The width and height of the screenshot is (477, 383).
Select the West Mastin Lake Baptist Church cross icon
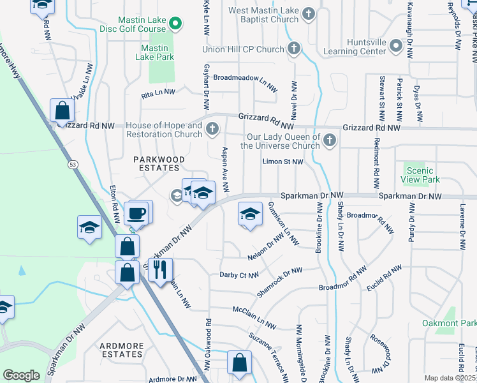tap(309, 14)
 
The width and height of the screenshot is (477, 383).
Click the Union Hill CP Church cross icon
tap(294, 49)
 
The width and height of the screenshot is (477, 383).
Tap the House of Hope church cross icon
tap(213, 130)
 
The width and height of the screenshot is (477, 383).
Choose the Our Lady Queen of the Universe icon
tap(329, 140)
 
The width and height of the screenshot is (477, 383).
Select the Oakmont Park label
tap(449, 323)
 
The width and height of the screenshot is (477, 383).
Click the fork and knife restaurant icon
tap(159, 269)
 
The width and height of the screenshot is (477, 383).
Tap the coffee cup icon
tap(138, 212)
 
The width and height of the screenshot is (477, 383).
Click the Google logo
tap(21, 375)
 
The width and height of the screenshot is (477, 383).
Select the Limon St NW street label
tap(283, 162)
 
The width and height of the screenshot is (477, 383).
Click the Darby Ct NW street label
tap(239, 275)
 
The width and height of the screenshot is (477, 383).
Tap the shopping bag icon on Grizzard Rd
tap(62, 111)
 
